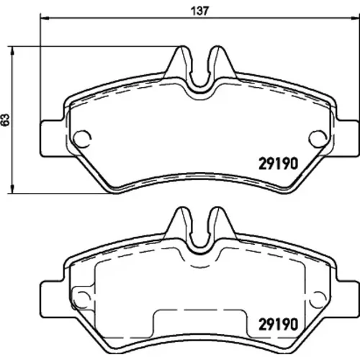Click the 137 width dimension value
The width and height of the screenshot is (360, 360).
point(199,11)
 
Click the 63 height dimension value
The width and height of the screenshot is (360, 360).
point(5,120)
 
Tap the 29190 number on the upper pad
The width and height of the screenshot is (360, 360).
point(278,163)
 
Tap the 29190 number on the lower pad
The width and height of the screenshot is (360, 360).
point(278,324)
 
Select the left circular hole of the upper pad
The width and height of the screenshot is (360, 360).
point(82,139)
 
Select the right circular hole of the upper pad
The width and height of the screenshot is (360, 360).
point(318,139)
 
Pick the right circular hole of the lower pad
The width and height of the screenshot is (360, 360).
point(318,300)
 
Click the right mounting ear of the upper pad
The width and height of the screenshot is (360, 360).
point(346,138)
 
